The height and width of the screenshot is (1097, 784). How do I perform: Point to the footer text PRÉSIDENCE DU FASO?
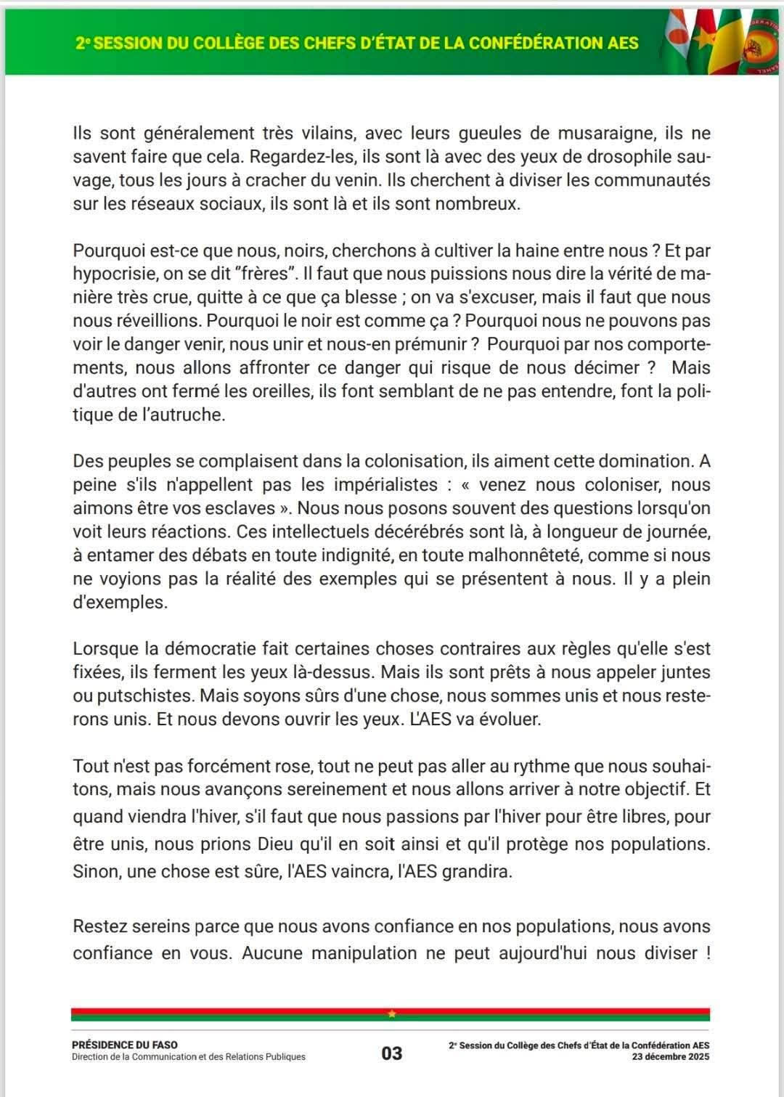click(125, 1045)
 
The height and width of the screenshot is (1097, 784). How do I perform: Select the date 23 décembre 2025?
click(671, 1056)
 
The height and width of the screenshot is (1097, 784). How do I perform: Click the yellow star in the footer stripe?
click(392, 1014)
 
